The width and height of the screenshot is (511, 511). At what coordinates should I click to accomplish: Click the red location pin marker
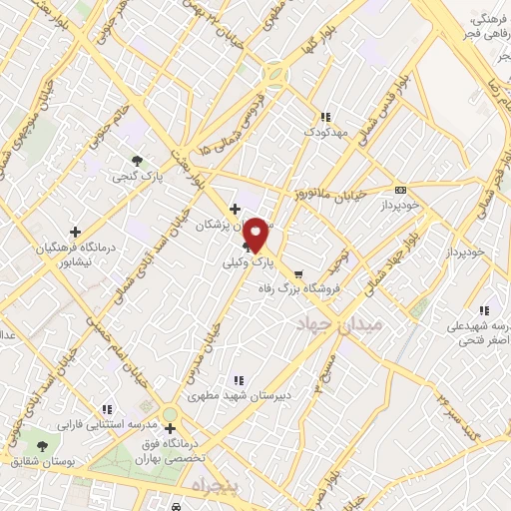[x=255, y=235]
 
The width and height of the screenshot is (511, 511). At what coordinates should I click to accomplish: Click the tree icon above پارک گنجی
[x=137, y=160]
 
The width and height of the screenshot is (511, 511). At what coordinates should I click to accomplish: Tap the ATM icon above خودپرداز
[x=401, y=189]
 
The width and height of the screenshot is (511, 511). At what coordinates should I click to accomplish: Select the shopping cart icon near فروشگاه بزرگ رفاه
[x=296, y=275]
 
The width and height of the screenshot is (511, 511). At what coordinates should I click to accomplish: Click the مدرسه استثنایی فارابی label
[x=110, y=424]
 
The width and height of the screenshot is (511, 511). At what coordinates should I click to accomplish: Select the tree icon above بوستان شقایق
[x=42, y=446]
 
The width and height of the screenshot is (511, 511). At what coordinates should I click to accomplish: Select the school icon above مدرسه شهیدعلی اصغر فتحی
[x=484, y=311]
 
